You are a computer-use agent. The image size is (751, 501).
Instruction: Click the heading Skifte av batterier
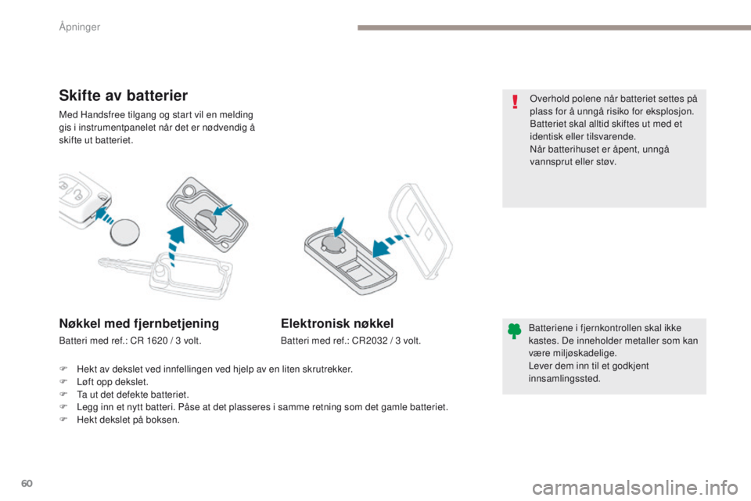point(123,96)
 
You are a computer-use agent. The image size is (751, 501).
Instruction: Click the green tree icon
point(514,331)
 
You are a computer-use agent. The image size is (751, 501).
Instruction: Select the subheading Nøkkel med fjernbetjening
point(138,323)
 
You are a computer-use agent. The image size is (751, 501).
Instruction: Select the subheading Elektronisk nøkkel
point(337,323)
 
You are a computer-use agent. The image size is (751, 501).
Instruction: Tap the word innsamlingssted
point(565,379)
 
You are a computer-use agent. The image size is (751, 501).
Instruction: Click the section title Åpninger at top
point(81,27)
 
